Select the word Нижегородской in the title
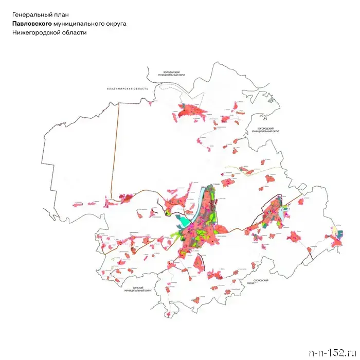tap(37, 32)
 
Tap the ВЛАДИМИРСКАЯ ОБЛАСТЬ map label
tap(127, 88)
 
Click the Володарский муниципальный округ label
tap(174, 74)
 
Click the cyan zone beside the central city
tap(183, 222)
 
